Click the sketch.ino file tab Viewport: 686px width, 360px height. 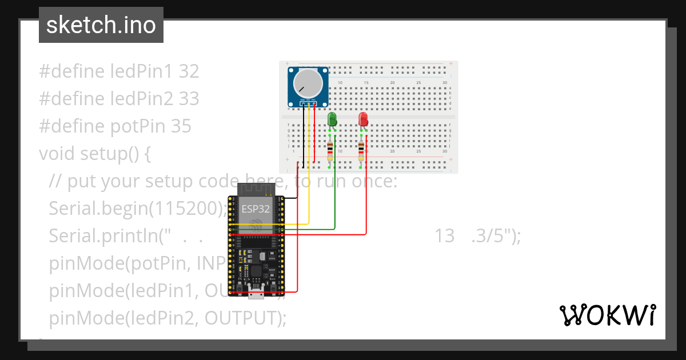101,25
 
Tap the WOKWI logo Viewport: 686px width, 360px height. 607,315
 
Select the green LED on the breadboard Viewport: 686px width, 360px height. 332,119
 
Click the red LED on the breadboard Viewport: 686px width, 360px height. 363,119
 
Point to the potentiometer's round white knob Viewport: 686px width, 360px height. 308,84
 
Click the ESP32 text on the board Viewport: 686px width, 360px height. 256,209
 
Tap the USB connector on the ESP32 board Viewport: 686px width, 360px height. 256,294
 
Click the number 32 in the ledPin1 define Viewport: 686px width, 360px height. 189,71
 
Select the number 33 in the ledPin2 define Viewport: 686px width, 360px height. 189,99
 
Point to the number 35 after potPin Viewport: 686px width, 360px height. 181,126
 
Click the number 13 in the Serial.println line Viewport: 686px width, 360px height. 445,236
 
